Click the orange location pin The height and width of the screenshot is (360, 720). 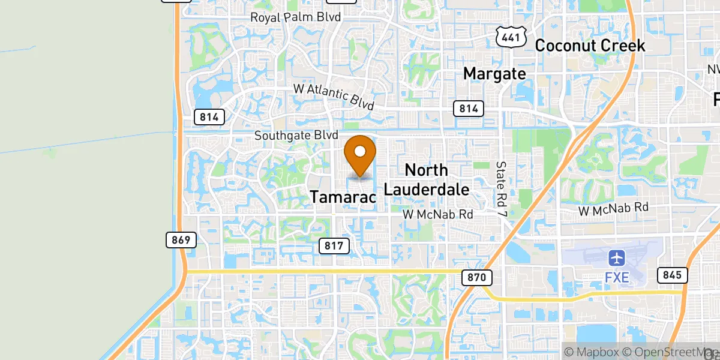(x=360, y=155)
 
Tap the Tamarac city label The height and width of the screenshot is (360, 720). (x=343, y=196)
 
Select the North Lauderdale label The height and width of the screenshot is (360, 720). (x=426, y=179)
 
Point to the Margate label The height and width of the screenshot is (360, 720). (x=494, y=74)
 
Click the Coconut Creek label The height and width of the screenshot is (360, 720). (x=590, y=45)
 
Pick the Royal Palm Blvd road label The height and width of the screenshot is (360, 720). (x=296, y=17)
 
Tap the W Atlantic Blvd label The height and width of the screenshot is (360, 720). (x=334, y=96)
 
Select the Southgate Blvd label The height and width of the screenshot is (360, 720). (x=296, y=136)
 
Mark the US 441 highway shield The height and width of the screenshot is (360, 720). (x=511, y=38)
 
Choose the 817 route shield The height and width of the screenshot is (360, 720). (x=334, y=245)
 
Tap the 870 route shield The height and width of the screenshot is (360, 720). (x=477, y=277)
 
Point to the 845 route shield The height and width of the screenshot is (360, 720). (x=672, y=275)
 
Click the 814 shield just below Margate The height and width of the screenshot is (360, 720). (x=468, y=109)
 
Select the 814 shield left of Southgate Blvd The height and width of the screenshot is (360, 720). (x=209, y=116)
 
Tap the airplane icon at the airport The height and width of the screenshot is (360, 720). (x=617, y=258)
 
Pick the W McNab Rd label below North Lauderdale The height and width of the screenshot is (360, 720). (x=437, y=214)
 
